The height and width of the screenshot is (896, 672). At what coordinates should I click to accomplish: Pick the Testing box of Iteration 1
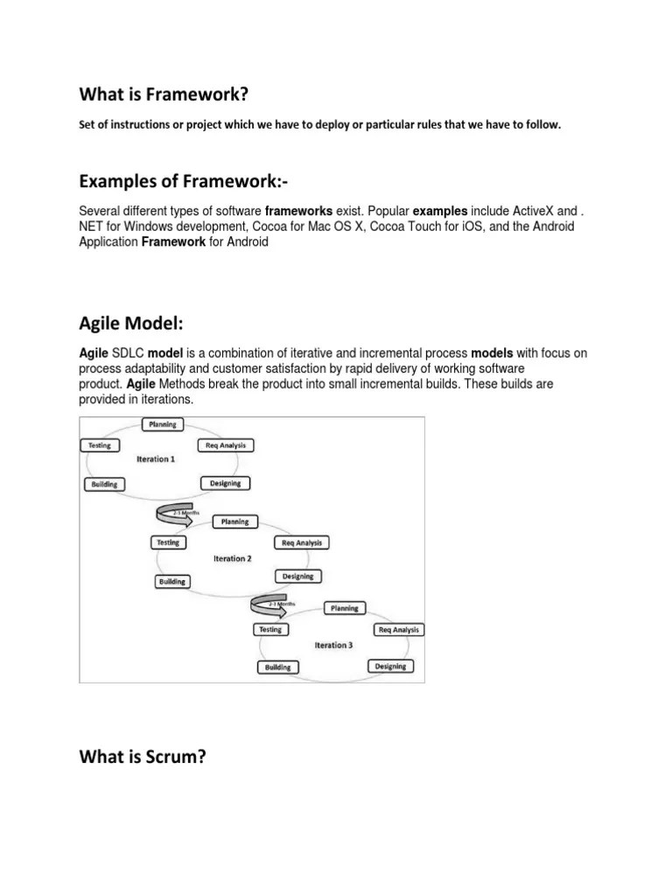99,445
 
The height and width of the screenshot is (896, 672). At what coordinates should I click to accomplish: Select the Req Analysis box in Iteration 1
226,445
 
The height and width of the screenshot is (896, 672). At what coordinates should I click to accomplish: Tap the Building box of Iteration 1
104,484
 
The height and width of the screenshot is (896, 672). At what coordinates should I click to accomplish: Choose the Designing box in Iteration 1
225,483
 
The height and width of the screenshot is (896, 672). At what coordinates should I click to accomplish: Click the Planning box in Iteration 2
234,521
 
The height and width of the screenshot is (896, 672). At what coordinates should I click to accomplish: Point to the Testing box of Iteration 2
167,542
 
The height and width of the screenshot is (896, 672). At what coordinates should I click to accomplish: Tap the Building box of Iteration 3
277,667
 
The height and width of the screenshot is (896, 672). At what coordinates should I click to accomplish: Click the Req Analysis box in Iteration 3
398,629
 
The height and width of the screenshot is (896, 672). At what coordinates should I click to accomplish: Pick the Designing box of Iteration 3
389,666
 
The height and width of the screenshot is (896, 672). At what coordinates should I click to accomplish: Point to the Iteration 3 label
333,645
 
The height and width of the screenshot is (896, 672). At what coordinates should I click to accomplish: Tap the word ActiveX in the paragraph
532,212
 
